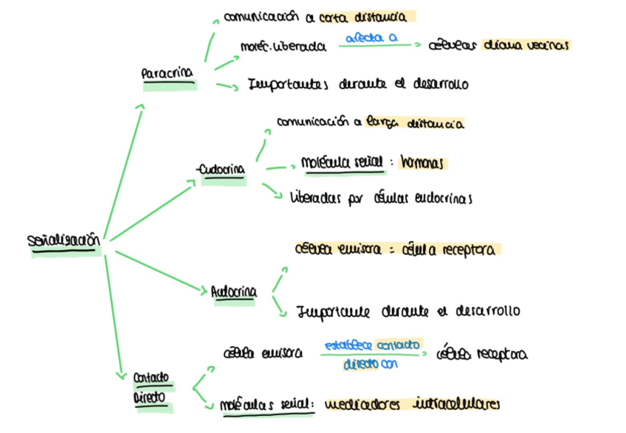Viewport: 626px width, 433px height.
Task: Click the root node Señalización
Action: coord(63,241)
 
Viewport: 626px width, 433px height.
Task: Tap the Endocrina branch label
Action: coord(222,171)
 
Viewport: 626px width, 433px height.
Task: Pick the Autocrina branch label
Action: coord(234,292)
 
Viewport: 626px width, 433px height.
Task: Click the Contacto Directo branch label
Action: coord(151,388)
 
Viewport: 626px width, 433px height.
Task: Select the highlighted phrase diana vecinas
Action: coord(526,45)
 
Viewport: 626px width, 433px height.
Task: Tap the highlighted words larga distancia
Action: coord(414,124)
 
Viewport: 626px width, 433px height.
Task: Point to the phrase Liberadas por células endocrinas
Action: coord(381,198)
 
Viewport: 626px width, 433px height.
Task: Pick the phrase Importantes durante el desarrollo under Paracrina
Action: coord(357,85)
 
